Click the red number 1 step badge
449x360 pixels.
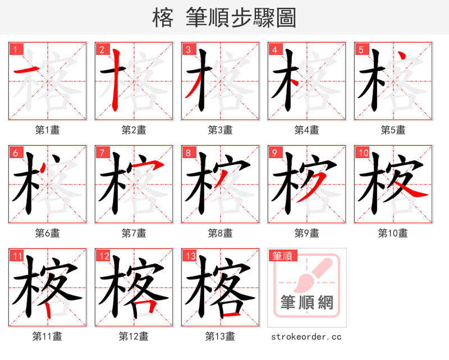pos(15,49)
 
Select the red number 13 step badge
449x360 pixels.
pos(189,256)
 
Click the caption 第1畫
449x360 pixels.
pos(48,130)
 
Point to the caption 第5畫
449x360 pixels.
pos(393,130)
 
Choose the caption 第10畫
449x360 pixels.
pos(393,233)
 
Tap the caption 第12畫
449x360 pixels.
pos(134,336)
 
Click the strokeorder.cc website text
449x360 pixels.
pos(306,336)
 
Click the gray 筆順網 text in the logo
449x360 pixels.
pos(307,303)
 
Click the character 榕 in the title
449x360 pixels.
pos(163,18)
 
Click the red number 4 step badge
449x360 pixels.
pos(274,49)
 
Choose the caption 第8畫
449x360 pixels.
pos(220,233)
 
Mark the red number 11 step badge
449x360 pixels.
pos(16,256)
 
